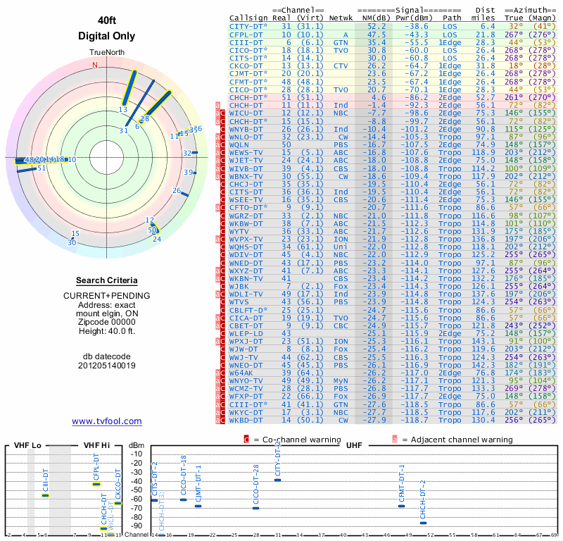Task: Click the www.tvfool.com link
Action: point(107,421)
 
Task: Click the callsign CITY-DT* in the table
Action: point(248,25)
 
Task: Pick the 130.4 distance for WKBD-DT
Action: point(484,420)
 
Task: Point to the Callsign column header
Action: point(250,18)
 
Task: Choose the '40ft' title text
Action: point(106,21)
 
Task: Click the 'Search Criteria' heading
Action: point(106,280)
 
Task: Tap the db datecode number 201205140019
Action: point(106,365)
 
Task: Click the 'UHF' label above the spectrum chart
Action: point(354,445)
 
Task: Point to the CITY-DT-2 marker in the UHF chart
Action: point(277,480)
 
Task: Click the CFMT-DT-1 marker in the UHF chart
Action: point(402,506)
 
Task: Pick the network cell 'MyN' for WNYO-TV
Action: point(341,380)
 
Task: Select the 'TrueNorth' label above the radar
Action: point(106,53)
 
